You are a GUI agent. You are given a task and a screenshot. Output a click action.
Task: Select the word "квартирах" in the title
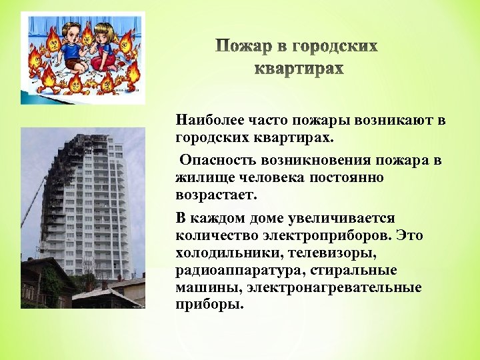click(x=300, y=69)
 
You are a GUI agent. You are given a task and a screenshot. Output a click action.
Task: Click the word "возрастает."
click(x=216, y=196)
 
